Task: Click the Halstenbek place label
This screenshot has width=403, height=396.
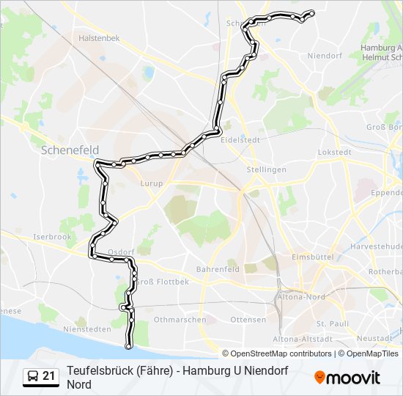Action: pos(99,37)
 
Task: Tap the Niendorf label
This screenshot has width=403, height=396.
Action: pos(326,56)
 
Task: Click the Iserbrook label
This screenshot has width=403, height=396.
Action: pos(51,238)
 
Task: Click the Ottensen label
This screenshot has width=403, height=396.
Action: pos(248,320)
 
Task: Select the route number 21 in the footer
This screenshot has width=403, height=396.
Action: pos(49,376)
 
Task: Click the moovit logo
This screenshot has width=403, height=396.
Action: pos(347,378)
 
